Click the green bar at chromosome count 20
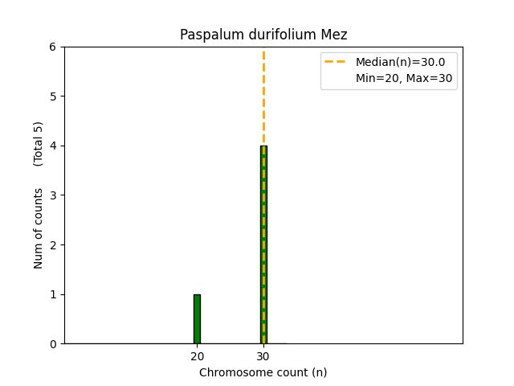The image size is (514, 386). coord(197,319)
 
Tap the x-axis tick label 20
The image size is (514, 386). coord(197,356)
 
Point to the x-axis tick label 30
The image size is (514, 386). coord(263,356)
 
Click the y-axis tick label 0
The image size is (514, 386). coord(53,344)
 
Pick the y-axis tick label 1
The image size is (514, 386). coord(53,294)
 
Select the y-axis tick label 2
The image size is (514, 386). coord(53,244)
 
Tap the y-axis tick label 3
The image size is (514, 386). coord(53,195)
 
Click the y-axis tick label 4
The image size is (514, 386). coord(53,146)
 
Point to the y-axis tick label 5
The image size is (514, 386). coord(53,96)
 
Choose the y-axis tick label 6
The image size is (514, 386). coord(53,47)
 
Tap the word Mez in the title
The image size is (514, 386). coord(335,35)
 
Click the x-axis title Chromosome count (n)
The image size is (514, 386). coord(263,372)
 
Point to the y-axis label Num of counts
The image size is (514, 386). coord(39,228)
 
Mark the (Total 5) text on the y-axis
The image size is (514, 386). coord(39,144)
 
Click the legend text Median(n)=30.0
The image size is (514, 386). coord(400,62)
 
